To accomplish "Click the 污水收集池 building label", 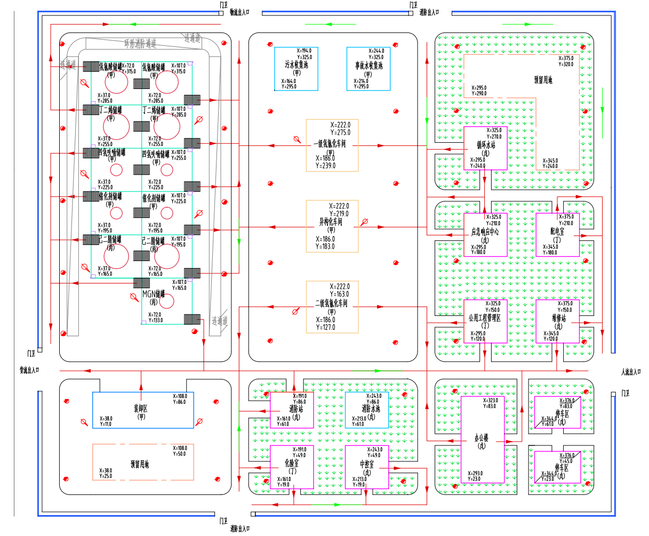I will pos(297,66).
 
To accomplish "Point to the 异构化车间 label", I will pos(331,222).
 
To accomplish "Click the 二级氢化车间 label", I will pos(331,304).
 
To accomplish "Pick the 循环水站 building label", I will pos(486,144).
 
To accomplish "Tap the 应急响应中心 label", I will pos(485,232).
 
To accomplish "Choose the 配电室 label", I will pos(558,231).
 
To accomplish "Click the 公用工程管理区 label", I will pos(485,319).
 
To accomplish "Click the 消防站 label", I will pos(296,409).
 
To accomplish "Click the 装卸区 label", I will pos(141,409).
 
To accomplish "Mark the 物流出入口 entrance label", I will pos(239,11).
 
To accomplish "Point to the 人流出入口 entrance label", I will pos(631,372).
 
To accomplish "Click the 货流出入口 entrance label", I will pos(30,370).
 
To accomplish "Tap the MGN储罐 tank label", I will pos(154,294).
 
